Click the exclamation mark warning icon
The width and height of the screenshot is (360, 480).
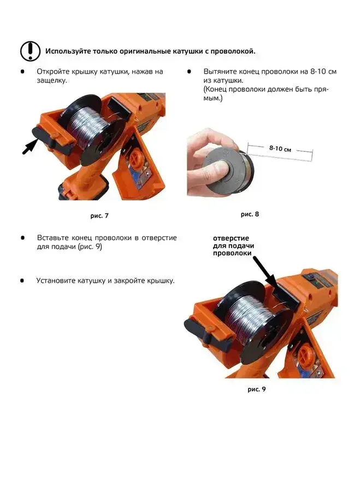pos(30,51)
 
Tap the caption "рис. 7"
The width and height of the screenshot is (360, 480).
pos(99,215)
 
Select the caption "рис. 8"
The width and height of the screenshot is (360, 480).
pos(250,214)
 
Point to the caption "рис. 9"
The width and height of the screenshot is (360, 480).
pos(257,389)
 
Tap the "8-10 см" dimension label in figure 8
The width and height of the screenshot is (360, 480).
pos(280,149)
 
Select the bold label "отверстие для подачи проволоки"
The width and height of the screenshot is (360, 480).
pos(233,245)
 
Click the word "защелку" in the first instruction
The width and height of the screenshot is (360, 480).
pos(52,80)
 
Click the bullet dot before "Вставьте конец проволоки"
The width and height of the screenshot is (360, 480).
pos(22,238)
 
